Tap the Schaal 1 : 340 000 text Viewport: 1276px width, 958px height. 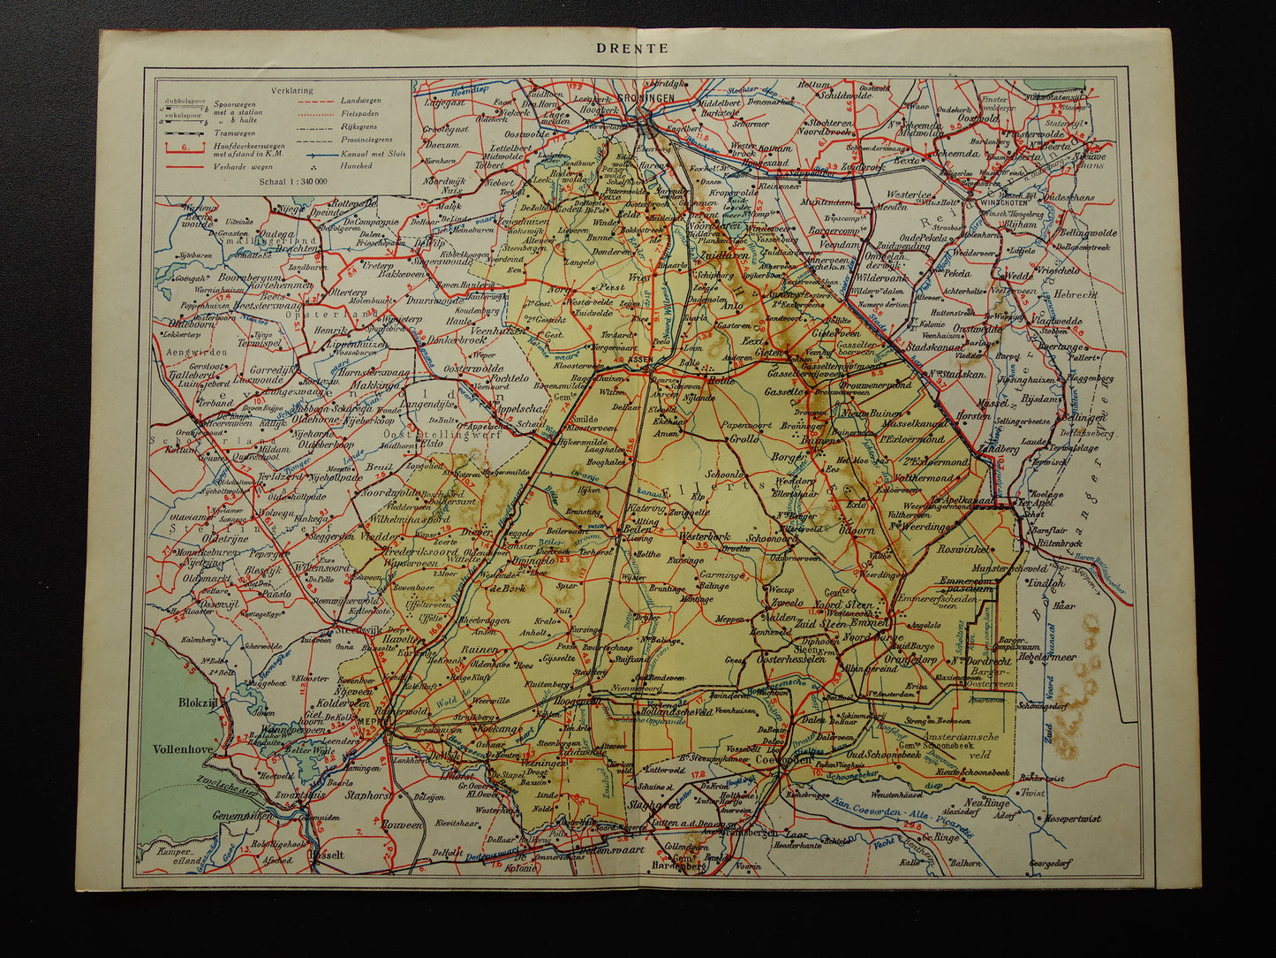[288, 180]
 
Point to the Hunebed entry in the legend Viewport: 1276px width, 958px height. [353, 165]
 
